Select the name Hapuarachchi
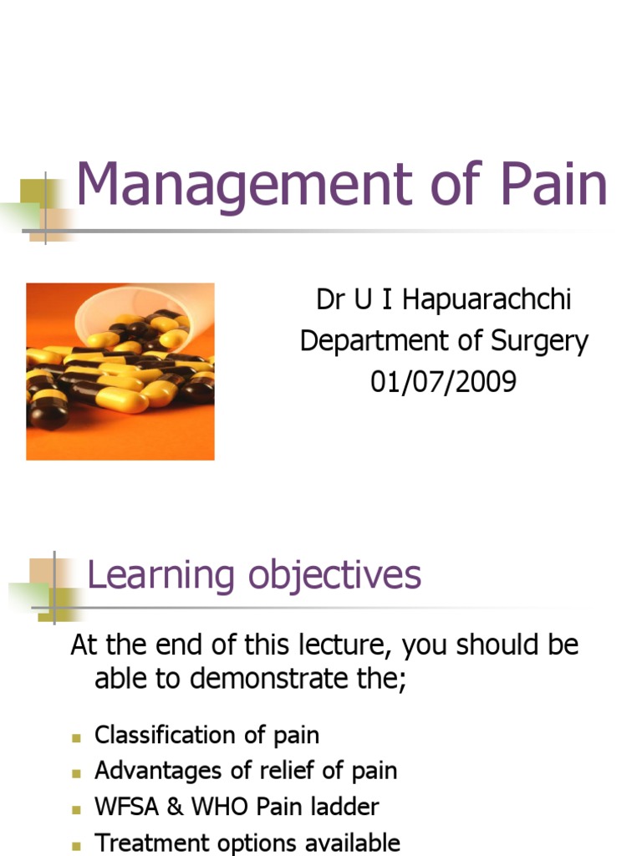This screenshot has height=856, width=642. click(487, 299)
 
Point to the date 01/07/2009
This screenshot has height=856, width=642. click(444, 382)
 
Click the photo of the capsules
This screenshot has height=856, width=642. click(120, 371)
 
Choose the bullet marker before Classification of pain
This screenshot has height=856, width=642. click(76, 737)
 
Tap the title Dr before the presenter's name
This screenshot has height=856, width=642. click(330, 299)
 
